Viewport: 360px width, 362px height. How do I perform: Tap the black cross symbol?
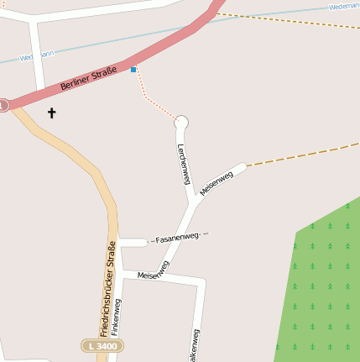[x=51, y=113]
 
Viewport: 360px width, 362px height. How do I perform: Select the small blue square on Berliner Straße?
[x=133, y=70]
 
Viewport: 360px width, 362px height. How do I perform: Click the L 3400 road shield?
[x=102, y=345]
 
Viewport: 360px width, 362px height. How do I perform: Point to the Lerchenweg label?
[x=184, y=164]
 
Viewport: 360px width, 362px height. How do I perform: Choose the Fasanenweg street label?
[x=177, y=239]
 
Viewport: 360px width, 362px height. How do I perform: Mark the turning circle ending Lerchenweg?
[x=181, y=123]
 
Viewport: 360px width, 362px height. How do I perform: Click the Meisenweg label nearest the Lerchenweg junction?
[x=217, y=182]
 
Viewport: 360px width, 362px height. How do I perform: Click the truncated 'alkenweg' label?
[x=196, y=344]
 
